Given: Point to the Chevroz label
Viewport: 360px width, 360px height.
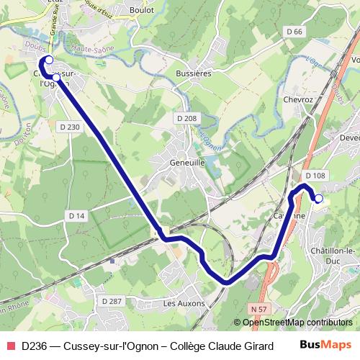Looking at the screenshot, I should tap(300, 99).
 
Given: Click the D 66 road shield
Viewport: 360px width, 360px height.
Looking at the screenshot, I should tap(294, 31).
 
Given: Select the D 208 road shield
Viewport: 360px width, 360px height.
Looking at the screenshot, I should tap(186, 117).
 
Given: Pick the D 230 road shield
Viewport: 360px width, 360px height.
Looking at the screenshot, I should tap(69, 126).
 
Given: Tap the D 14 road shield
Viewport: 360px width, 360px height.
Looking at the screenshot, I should tap(76, 215).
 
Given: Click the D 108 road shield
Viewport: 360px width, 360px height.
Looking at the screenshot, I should tap(315, 176).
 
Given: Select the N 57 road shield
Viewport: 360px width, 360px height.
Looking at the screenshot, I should tap(260, 308).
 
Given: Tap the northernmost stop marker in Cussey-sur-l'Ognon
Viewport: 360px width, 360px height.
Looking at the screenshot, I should tap(50, 60).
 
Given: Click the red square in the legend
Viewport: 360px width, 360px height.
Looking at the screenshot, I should tap(9, 346).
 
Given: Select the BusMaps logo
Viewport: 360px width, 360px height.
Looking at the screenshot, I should tap(324, 345).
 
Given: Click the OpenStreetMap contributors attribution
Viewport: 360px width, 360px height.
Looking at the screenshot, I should tap(297, 323).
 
